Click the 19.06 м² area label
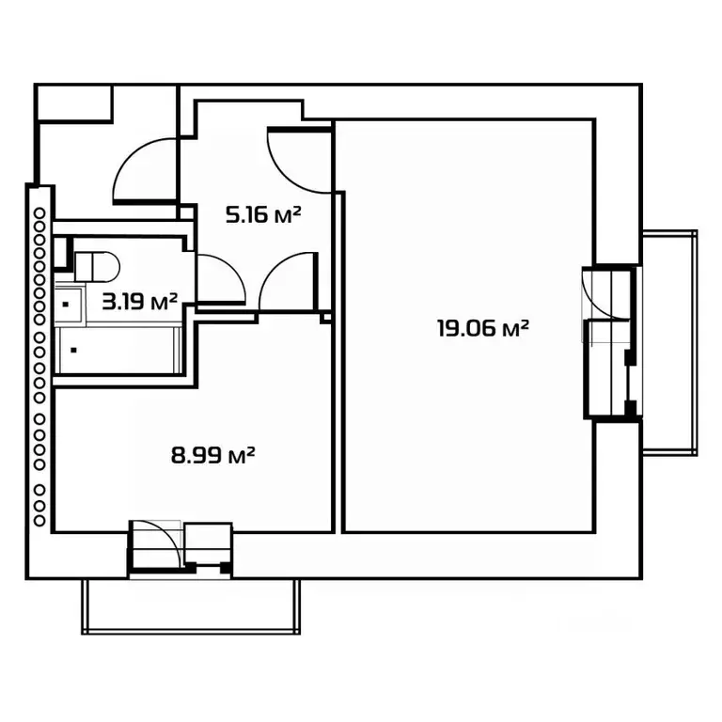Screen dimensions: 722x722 pyautogui.click(x=482, y=328)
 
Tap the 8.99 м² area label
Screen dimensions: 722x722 pyautogui.click(x=212, y=455)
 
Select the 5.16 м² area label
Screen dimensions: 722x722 pyautogui.click(x=263, y=214)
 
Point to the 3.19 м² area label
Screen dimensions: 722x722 pyautogui.click(x=139, y=302)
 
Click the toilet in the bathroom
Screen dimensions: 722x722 pyautogui.click(x=97, y=267)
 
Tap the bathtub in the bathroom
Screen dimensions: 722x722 pyautogui.click(x=118, y=351)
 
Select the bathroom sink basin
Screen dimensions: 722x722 pyautogui.click(x=69, y=305)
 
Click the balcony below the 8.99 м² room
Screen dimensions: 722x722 pyautogui.click(x=191, y=606)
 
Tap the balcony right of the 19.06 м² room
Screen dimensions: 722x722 pyautogui.click(x=670, y=343)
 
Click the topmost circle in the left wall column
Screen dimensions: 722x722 pyautogui.click(x=39, y=213)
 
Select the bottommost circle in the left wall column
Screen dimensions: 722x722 pyautogui.click(x=39, y=521)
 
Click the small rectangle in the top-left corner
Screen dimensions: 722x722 pyautogui.click(x=73, y=103)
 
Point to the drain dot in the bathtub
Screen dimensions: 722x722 pyautogui.click(x=73, y=351)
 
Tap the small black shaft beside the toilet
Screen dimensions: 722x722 pyautogui.click(x=62, y=252)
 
